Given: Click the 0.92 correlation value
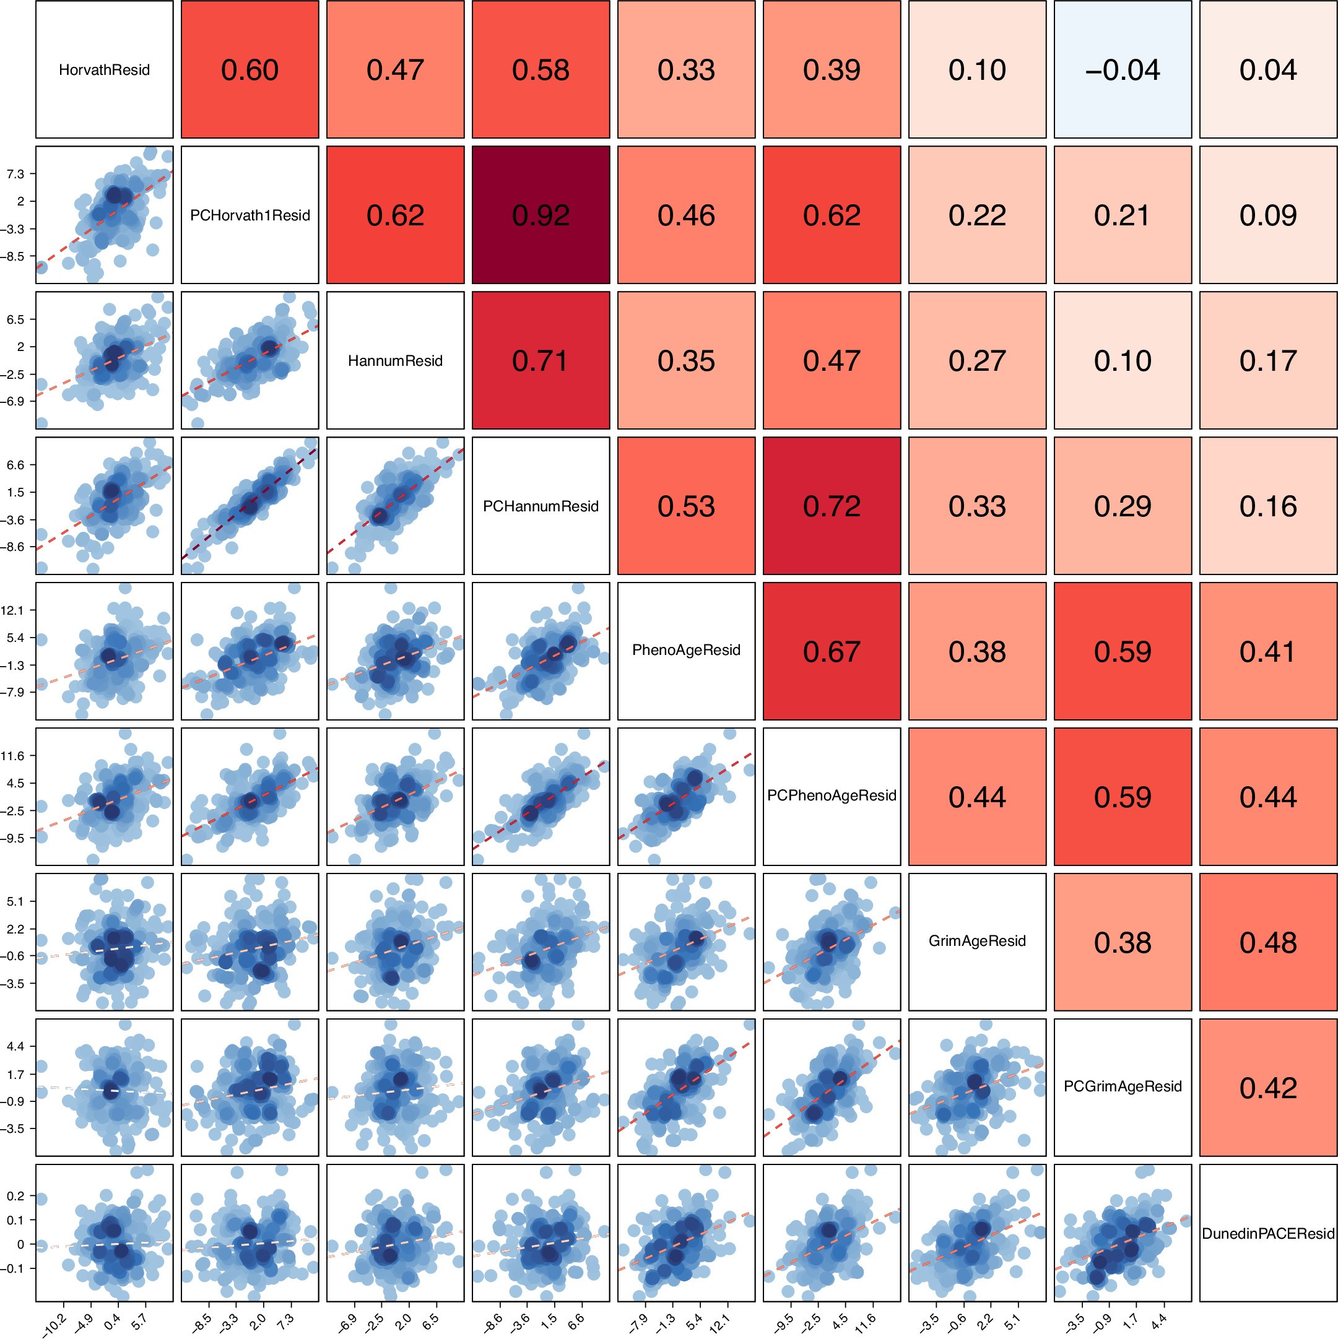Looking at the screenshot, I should coord(540,215).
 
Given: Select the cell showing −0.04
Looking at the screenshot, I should coord(1122,69).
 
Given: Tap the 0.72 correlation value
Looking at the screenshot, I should coord(832,506).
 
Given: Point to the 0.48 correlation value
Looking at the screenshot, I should coord(1267,943).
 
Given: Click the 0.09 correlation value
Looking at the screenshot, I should coord(1267,215).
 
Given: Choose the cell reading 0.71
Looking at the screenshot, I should coord(540,360).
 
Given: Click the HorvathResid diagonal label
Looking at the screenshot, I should coord(104,69).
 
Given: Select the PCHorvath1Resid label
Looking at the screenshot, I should coord(250,215).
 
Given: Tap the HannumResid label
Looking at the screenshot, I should coord(395,360).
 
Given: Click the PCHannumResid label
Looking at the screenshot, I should coord(540,506).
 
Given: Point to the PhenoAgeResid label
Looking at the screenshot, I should coord(685,650).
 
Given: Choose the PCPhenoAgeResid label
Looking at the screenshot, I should coord(832,795).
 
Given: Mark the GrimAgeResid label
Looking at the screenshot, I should coord(977,941).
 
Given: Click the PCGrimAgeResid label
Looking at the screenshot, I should coord(1122,1086).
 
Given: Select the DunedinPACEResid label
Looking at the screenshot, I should coord(1267,1234).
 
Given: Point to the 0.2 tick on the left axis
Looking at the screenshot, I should coord(16,1196).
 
